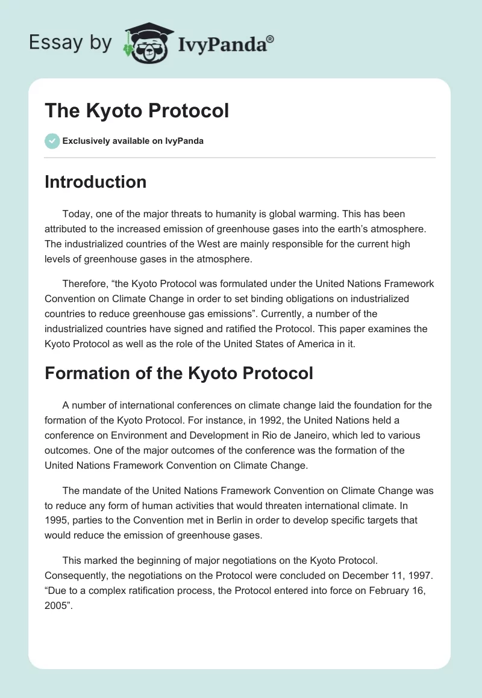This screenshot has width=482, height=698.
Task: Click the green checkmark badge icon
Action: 52,141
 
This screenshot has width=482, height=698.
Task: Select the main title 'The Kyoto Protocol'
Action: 137,111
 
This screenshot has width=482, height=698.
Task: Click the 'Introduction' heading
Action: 95,182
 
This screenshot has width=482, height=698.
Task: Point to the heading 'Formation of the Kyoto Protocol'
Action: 179,373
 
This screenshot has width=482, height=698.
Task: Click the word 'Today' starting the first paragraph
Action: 76,214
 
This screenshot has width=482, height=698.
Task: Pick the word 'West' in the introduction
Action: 193,245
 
